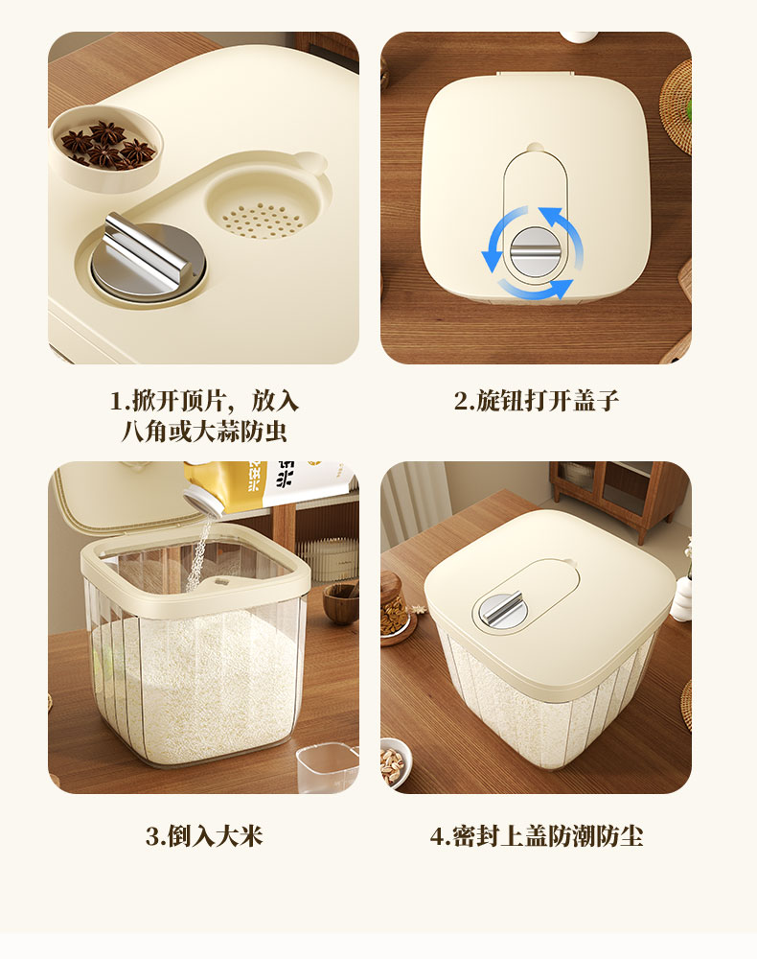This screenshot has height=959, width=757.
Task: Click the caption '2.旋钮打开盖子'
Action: (536, 401)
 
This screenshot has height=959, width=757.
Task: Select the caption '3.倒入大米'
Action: (203, 835)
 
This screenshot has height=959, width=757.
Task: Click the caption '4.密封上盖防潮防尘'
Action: (536, 835)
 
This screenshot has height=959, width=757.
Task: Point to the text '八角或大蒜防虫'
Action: (203, 432)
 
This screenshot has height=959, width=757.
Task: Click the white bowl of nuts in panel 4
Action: (396, 761)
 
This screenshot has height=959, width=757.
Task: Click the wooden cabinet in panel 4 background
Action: (618, 499)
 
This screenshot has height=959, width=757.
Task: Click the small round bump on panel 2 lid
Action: (536, 149)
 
